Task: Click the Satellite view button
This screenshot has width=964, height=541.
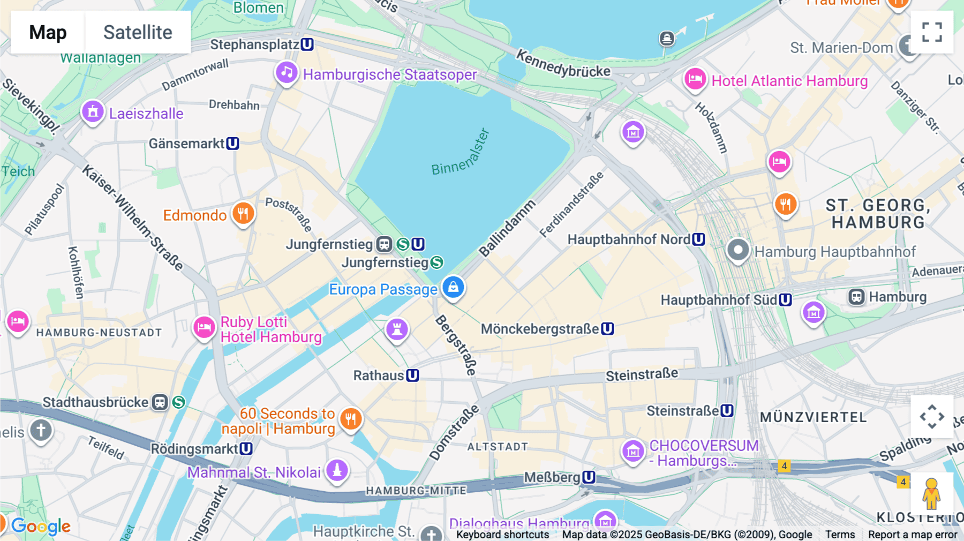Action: [138, 32]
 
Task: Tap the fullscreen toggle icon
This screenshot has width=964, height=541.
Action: [932, 32]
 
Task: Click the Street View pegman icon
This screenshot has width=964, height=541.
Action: [931, 493]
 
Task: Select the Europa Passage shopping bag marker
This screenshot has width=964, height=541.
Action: [453, 287]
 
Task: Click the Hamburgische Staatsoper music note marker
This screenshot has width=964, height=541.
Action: [287, 72]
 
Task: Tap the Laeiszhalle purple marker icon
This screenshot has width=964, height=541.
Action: [93, 112]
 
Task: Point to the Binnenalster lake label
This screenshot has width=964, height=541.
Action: [461, 153]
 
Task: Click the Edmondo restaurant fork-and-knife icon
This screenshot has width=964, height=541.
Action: [243, 213]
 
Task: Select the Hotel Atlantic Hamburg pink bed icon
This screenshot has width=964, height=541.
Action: [695, 79]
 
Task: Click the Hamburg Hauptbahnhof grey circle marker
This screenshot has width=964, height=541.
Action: [738, 250]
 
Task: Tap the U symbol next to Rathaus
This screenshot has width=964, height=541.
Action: [412, 375]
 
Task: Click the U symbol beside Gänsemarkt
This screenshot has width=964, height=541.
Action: [232, 144]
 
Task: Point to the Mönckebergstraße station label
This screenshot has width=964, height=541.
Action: [540, 329]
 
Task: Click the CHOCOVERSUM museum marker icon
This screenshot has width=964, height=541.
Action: [633, 451]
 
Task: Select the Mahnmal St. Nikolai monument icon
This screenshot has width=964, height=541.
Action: [337, 470]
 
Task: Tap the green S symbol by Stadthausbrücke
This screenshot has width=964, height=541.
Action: [179, 402]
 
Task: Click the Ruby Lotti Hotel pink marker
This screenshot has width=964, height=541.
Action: [204, 327]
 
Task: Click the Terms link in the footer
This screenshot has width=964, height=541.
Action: [840, 534]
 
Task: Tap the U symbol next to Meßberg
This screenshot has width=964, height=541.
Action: [589, 477]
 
